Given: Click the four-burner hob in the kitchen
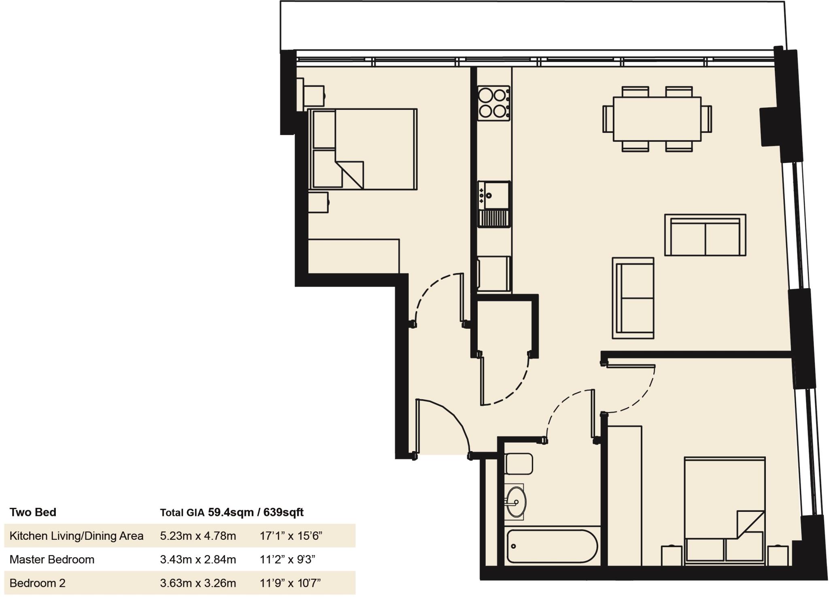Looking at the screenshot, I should pos(493,103).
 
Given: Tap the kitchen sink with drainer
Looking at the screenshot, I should pos(494,204).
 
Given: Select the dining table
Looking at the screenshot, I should pos(657,119).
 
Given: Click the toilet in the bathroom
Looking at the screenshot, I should pos(519,464).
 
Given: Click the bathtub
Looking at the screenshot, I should pos(552,546).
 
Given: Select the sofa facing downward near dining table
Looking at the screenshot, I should pos(705,235).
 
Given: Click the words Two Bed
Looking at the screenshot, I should pos(33,512).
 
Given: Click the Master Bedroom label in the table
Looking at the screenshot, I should pos(52,560).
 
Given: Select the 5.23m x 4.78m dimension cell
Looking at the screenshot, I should pos(198,536).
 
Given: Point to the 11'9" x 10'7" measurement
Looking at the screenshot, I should pos(290,583).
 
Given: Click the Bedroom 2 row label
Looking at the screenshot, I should pos(37,583).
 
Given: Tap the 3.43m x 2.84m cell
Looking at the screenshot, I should pos(198,560).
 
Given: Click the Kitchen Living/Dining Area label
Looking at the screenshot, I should pos(77,536).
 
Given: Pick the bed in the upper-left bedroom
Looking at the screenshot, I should pos(363,149).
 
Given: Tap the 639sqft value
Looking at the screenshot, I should pos(283,512).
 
